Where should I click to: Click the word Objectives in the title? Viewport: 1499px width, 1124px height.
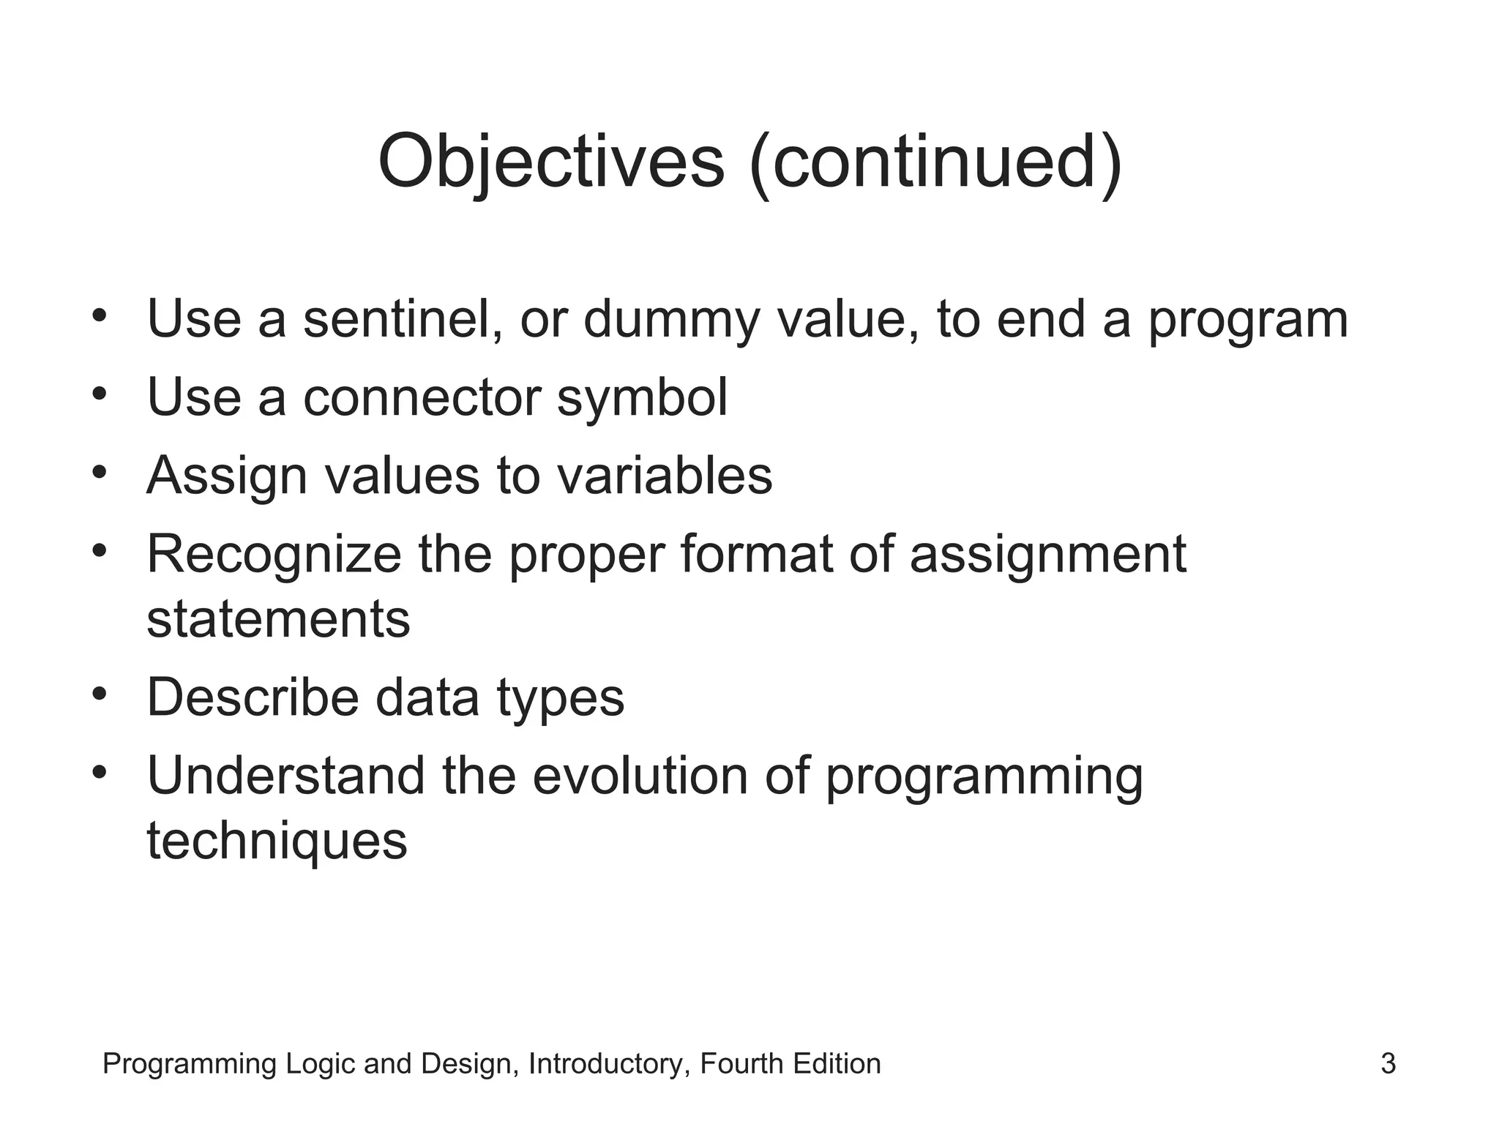tap(550, 162)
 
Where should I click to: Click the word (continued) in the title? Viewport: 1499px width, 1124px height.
tap(936, 162)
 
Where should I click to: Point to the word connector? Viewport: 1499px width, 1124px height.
tap(422, 398)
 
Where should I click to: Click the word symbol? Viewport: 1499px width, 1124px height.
tap(642, 398)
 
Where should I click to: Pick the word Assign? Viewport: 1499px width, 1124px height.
tap(226, 476)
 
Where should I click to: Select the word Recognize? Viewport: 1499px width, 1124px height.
tap(274, 555)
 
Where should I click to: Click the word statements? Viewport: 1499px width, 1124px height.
tap(278, 619)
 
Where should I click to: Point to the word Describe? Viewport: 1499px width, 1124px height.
tap(253, 697)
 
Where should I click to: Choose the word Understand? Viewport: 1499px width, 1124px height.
tap(286, 776)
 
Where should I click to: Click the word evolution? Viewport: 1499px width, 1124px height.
tap(640, 776)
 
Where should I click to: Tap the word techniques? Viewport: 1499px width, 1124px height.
tap(277, 841)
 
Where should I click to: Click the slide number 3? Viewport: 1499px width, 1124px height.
tap(1388, 1064)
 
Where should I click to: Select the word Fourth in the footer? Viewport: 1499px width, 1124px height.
tap(741, 1064)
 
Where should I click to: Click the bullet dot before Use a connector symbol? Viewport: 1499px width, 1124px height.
tap(100, 393)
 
